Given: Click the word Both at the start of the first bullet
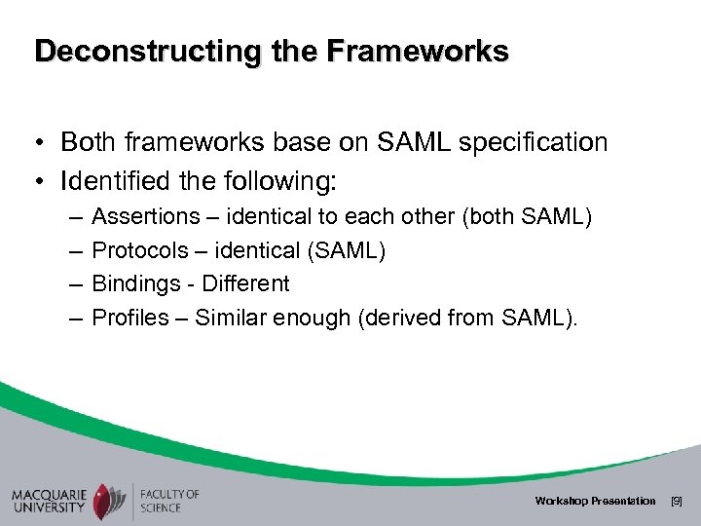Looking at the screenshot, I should point(86,143).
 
